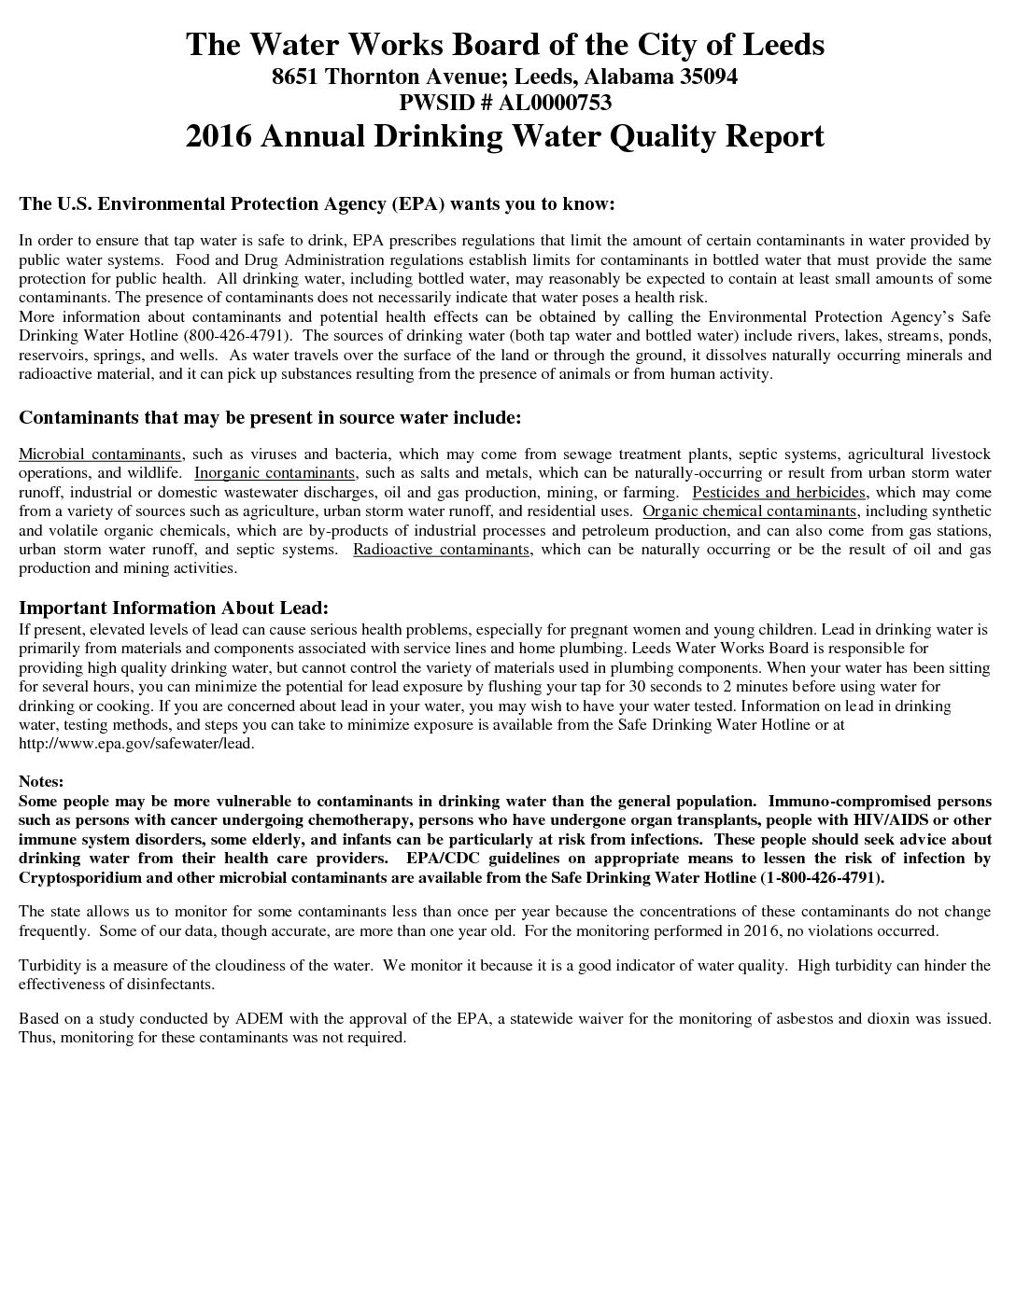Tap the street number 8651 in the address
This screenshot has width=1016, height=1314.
(x=294, y=77)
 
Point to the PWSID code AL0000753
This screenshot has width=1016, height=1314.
(x=555, y=103)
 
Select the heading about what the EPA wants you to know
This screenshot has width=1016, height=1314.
(x=317, y=203)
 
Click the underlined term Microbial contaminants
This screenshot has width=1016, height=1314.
(x=100, y=454)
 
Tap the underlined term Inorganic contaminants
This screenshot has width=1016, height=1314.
(x=275, y=473)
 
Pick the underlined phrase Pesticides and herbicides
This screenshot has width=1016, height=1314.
(x=780, y=492)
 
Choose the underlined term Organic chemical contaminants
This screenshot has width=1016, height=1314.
(x=750, y=511)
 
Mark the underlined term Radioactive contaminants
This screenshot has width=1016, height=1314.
(x=442, y=549)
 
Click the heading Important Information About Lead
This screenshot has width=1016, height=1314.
(x=174, y=608)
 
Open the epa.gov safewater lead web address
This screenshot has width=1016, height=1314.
(x=135, y=744)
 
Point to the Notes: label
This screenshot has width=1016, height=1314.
(x=41, y=780)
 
